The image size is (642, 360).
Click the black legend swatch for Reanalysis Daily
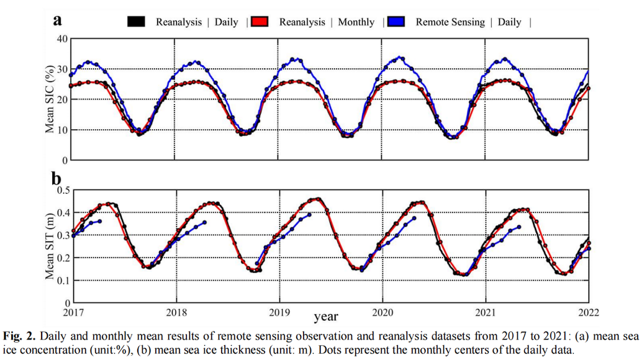tap(136, 22)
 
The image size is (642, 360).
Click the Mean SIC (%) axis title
tap(50, 99)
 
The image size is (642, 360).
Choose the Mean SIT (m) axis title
tap(50, 246)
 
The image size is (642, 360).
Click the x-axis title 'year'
tap(326, 317)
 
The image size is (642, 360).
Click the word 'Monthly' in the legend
tap(356, 22)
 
